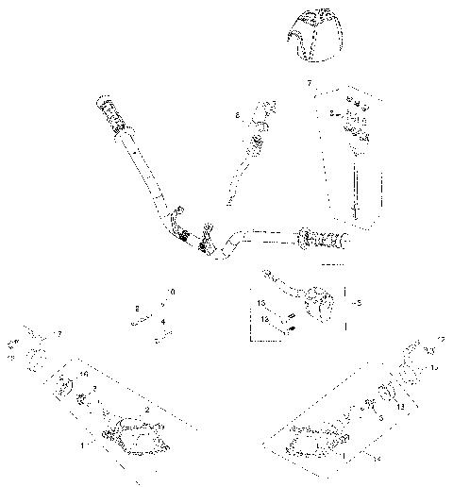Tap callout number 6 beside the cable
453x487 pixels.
tap(238, 116)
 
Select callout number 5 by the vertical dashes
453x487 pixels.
tap(358, 303)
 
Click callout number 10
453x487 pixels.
tap(171, 292)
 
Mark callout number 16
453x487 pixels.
tap(84, 375)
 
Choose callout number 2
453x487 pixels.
tap(146, 411)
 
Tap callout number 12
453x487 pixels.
tap(441, 338)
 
